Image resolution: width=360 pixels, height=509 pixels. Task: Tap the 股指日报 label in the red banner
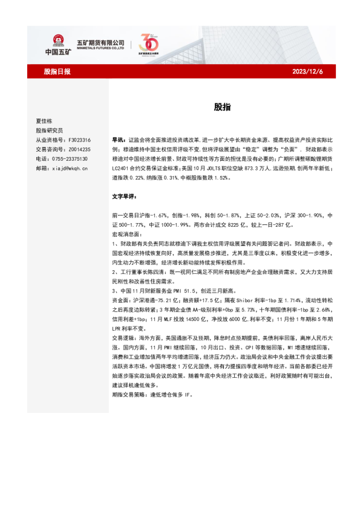tap(57, 71)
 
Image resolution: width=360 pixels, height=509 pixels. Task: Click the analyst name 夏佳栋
tap(44, 122)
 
